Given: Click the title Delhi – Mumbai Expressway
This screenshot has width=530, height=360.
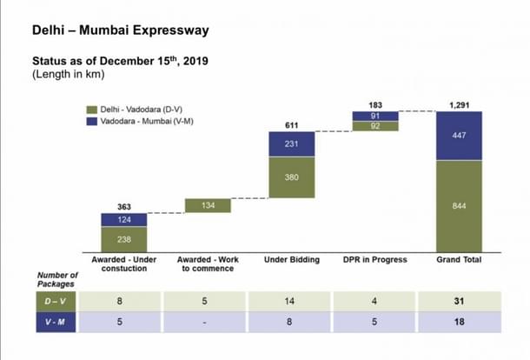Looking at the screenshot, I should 120,31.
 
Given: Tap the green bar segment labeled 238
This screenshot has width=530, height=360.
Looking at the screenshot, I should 124,239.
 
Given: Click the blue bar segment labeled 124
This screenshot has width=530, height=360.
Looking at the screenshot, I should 124,219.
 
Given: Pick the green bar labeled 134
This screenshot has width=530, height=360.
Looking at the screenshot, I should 208,206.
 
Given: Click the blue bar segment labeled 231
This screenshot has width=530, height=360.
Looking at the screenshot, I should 291,144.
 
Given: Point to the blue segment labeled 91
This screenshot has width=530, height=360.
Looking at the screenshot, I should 374,116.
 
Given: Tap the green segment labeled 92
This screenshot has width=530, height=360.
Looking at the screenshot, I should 374,126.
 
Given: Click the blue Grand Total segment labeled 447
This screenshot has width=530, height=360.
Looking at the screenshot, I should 459,136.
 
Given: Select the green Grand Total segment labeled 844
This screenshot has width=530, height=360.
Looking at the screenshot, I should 459,206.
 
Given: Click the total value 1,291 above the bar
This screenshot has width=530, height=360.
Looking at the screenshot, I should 459,104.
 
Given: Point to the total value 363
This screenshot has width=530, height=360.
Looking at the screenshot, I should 124,207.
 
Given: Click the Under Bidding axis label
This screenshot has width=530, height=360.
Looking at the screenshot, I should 291,260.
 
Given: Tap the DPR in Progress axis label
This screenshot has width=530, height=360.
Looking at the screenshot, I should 374,260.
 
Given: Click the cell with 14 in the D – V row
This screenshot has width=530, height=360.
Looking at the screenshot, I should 291,300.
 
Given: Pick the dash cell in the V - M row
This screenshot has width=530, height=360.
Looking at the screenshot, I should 208,321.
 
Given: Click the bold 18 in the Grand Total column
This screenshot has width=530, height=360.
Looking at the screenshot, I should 459,321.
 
